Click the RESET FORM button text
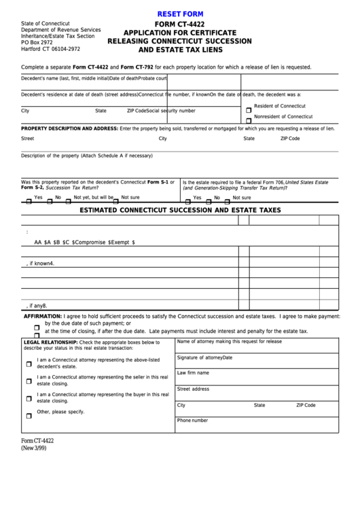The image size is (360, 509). [x=180, y=14]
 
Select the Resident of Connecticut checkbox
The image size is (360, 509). [x=249, y=110]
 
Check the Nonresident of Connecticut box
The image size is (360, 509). [x=249, y=120]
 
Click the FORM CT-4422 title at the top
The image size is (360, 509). [x=179, y=24]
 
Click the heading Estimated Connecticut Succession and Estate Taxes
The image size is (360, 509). [x=180, y=211]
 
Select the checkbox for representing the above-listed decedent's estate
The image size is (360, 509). [x=29, y=364]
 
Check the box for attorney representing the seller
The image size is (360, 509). [x=29, y=381]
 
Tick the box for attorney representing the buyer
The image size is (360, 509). [x=29, y=398]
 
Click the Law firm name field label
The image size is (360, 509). [x=193, y=373]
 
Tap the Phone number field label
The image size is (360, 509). [x=192, y=421]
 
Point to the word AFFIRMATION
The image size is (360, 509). [x=43, y=317]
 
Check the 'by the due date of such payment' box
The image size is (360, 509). [x=37, y=326]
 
